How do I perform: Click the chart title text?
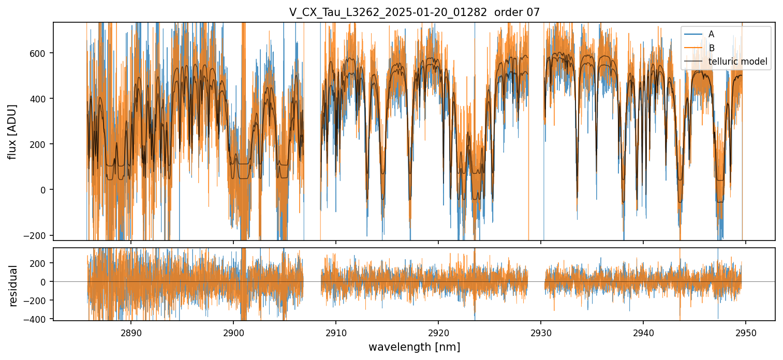(414, 12)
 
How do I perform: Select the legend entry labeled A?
(711, 34)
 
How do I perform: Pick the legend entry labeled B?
(711, 48)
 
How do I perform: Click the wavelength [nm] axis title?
(414, 347)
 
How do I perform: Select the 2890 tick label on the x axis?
(130, 332)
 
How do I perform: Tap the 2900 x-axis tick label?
(233, 332)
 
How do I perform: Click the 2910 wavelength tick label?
(336, 332)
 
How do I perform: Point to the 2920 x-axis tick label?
(438, 332)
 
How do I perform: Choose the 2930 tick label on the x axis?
(541, 332)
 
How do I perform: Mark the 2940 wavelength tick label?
(643, 332)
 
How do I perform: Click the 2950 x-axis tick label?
(746, 332)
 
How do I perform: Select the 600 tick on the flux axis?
(41, 53)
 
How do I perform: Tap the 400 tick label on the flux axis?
(41, 99)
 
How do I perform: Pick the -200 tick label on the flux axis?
(39, 235)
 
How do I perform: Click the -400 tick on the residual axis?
(39, 320)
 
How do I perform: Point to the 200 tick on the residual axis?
(41, 263)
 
